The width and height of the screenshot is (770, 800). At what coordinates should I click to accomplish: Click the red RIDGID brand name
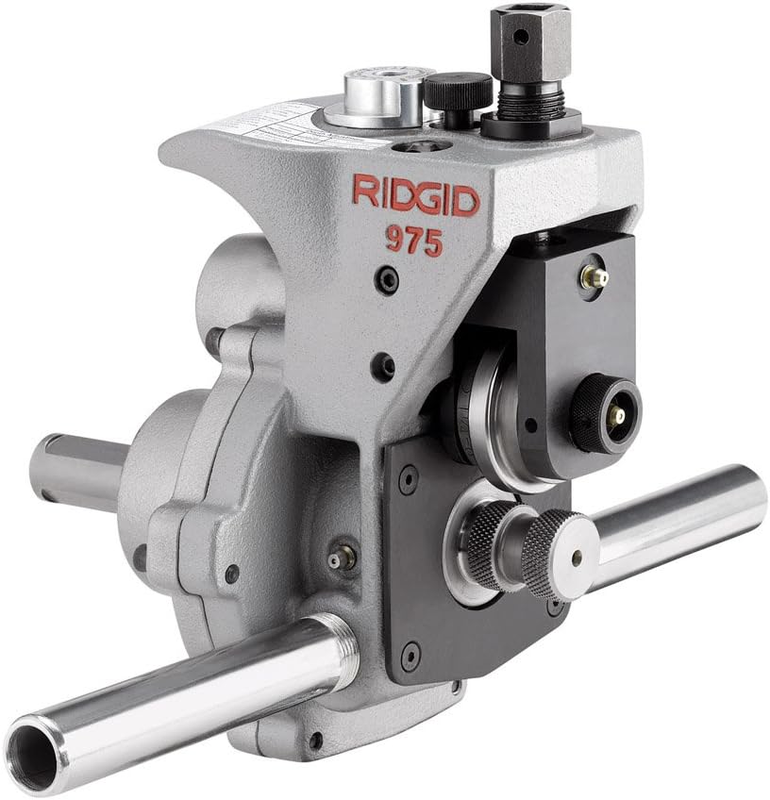415,195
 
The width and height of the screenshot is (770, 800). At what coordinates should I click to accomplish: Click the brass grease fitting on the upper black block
594,277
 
